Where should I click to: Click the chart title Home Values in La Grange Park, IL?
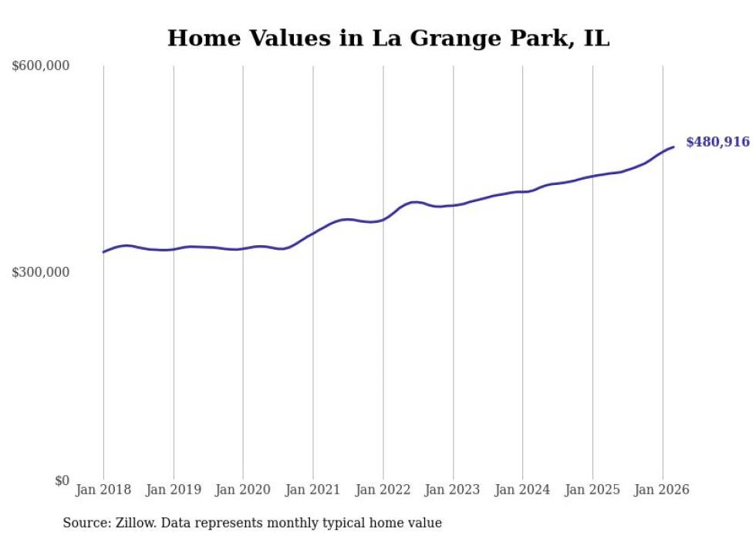(388, 38)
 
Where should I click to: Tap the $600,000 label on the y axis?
(41, 66)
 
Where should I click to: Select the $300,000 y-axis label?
(41, 273)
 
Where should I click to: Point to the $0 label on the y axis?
(62, 480)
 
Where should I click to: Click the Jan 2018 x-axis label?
(103, 490)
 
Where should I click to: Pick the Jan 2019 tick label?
(174, 490)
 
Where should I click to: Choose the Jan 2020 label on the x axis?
(243, 490)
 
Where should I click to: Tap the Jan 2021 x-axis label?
(313, 490)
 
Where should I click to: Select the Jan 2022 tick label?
(383, 490)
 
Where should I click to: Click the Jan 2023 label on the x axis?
(453, 490)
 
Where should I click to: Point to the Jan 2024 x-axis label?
(523, 490)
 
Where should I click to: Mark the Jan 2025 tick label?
(592, 490)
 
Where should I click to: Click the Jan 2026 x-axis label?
(663, 490)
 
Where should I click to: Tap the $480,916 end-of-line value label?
(717, 142)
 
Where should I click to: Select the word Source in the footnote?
(84, 523)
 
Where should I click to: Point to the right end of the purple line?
(673, 147)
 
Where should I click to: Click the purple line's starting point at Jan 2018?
(103, 252)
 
